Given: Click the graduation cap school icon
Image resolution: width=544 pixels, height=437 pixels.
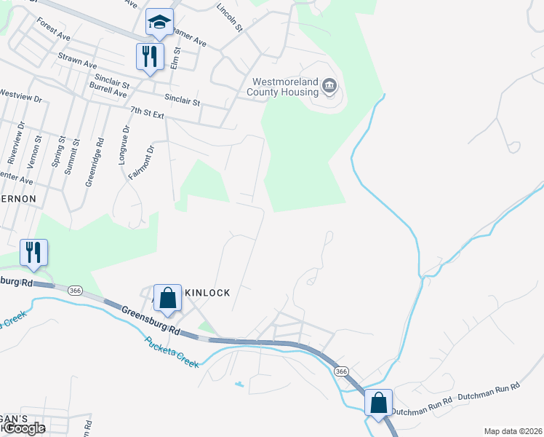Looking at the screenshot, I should point(159,23).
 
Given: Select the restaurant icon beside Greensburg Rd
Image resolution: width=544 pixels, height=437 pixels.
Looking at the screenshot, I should point(33,252).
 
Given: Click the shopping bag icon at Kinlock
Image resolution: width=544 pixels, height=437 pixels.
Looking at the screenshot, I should point(167,298).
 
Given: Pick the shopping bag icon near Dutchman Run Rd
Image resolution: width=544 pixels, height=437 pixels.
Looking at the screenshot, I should point(379,403).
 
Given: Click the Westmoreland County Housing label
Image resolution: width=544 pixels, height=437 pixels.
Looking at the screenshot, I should point(285,87).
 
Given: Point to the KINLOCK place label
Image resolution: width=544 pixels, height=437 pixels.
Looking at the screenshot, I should point(207,293).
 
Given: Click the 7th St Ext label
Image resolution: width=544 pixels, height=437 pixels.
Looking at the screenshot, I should point(148,113).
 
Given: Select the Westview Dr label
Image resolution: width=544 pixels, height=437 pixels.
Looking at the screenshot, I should point(22,95).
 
